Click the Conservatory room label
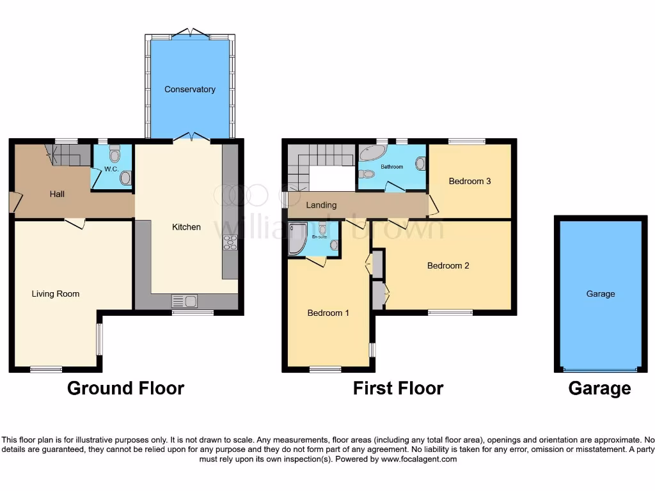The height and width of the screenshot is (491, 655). (189, 90)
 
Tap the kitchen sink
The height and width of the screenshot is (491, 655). (184, 300)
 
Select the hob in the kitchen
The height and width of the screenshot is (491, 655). (230, 242)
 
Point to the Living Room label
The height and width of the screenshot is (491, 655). (56, 294)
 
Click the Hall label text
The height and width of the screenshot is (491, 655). (58, 194)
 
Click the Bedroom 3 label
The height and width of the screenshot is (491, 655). (470, 181)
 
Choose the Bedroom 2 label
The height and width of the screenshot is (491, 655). (448, 265)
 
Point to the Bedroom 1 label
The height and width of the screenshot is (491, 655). (328, 313)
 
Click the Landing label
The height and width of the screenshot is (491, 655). (321, 205)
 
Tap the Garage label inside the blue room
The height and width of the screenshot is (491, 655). (600, 294)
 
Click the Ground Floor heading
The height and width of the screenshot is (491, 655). (125, 388)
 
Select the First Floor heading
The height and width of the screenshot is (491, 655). (398, 388)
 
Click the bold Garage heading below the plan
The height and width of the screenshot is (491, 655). (599, 388)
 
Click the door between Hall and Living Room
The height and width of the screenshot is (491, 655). (75, 222)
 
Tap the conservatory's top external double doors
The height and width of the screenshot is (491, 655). (190, 33)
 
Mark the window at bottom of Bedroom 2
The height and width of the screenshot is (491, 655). (450, 312)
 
